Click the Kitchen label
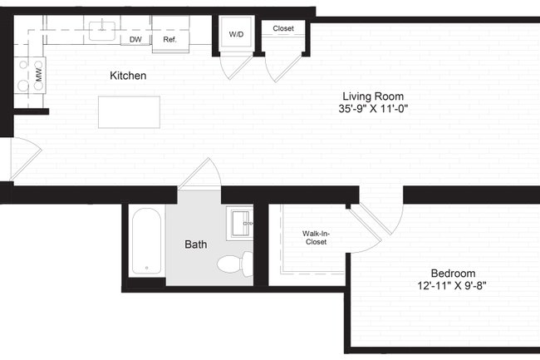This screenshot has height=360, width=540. click(128, 76)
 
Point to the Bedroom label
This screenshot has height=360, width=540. click(453, 274)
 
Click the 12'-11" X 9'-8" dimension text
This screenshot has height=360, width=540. click(453, 287)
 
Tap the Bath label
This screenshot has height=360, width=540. click(196, 244)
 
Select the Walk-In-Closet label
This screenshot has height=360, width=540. click(314, 238)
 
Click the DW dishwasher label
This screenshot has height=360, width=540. click(135, 39)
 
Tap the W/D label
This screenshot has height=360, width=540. click(236, 34)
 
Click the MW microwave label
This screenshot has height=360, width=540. click(38, 76)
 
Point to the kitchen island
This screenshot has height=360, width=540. click(129, 112)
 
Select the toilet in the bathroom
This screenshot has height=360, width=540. click(233, 264)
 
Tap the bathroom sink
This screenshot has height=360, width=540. click(241, 222)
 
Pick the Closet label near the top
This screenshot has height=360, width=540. click(283, 28)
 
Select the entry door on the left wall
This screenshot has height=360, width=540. click(22, 157)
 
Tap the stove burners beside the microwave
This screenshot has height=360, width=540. click(22, 76)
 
